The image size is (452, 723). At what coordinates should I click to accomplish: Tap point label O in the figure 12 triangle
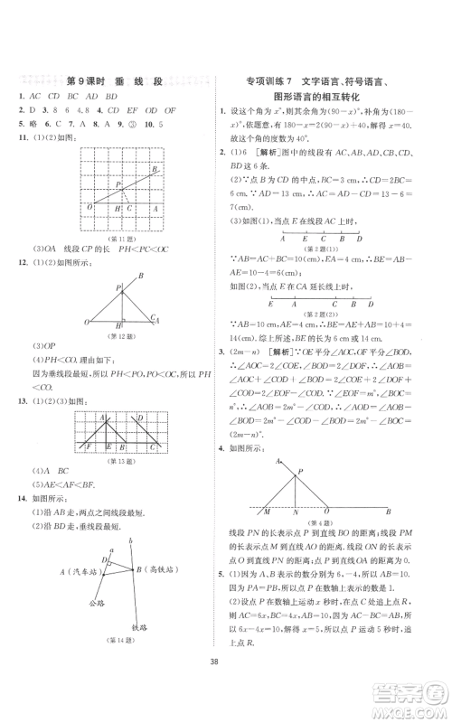point(88,321)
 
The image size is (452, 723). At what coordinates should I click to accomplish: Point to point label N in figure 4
point(294,512)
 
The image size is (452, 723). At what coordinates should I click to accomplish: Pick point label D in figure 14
point(103,560)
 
